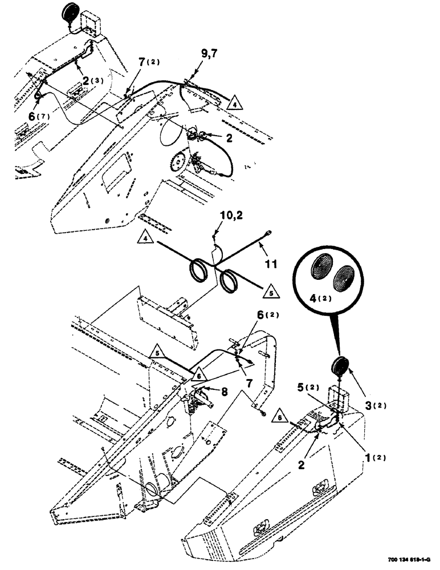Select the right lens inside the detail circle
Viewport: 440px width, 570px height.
point(346,278)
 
